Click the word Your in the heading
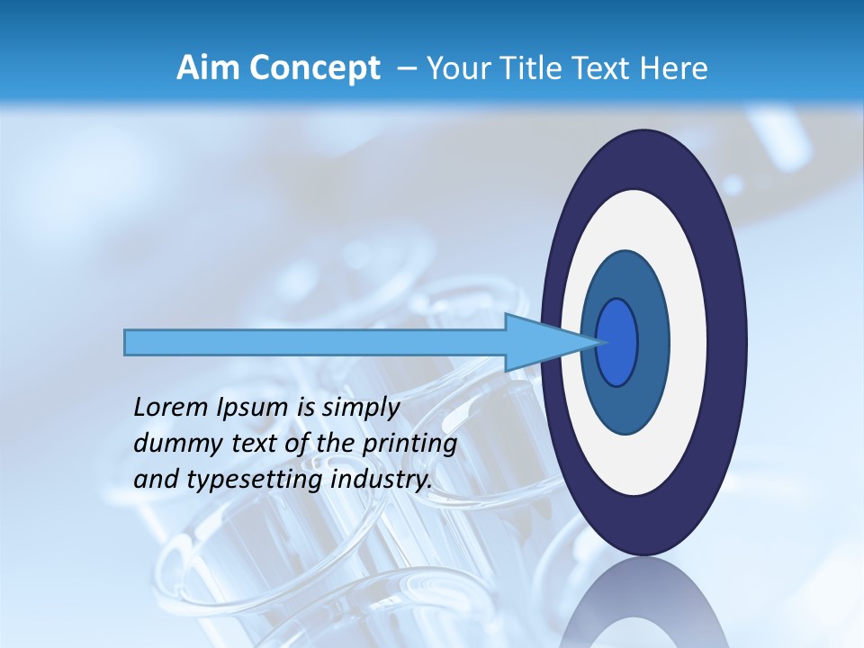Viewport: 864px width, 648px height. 455,68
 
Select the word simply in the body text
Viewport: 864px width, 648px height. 360,408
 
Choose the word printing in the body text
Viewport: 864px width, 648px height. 409,445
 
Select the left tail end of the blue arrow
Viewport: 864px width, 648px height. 127,342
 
